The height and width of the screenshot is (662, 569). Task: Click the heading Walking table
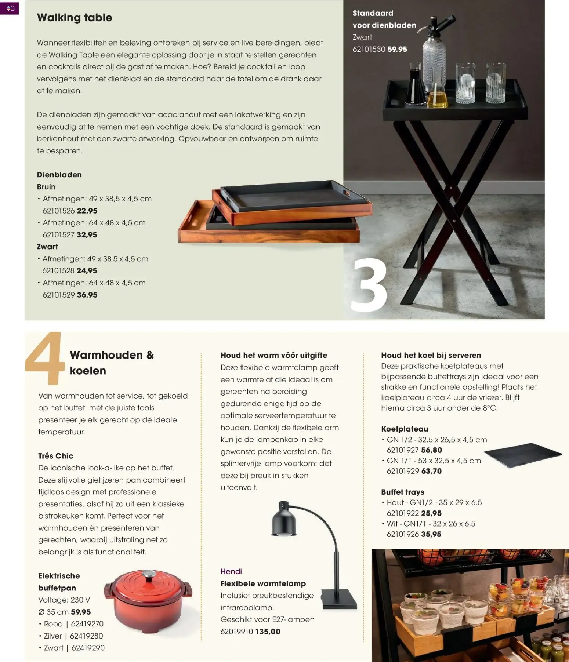[x=75, y=18]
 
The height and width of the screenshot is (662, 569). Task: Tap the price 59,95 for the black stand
[x=397, y=49]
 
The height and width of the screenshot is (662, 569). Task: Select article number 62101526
[x=59, y=211]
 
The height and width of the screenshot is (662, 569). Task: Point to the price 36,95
[x=87, y=295]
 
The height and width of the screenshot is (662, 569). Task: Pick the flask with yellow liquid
[x=438, y=96]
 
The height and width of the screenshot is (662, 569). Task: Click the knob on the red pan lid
[x=148, y=575]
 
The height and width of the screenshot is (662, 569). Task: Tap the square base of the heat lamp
[x=339, y=599]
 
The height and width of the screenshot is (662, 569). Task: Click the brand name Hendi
[x=231, y=571]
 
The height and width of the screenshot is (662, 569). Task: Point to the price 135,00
[x=268, y=632]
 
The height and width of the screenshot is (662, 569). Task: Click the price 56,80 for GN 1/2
[x=432, y=450]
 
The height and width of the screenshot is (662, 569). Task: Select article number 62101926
[x=403, y=534]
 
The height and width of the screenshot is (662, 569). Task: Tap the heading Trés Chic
[x=56, y=456]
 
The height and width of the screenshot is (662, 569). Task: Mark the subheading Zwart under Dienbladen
[x=47, y=247]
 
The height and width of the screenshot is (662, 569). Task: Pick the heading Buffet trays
[x=403, y=492]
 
